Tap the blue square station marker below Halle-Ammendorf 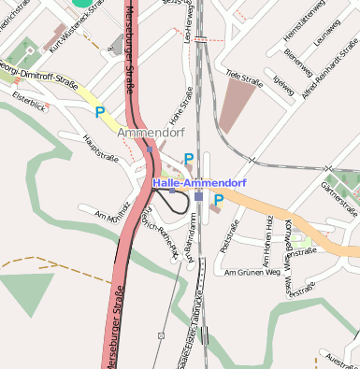pyautogui.click(x=198, y=196)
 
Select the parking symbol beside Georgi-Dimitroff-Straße pyautogui.click(x=99, y=112)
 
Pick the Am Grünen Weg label pyautogui.click(x=252, y=273)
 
